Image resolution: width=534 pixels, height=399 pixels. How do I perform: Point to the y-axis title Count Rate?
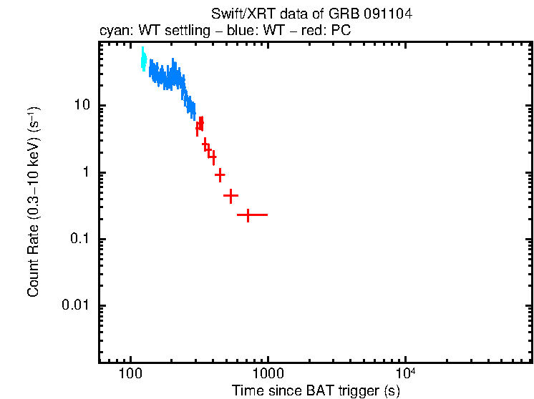33,202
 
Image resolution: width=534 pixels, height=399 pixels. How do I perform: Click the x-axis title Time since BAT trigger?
316,390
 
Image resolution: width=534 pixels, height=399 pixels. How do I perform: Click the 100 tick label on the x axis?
130,374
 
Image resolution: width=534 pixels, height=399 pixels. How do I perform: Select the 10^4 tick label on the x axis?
405,373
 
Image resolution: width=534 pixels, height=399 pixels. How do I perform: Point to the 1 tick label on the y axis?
86,172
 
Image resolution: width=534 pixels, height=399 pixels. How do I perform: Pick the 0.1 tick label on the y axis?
79,239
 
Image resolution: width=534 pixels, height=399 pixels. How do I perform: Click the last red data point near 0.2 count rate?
248,215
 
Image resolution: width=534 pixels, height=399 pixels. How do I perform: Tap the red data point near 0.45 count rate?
230,195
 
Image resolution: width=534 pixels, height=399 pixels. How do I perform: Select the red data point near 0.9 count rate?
220,174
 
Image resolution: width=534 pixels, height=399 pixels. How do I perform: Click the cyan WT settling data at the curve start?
143,59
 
